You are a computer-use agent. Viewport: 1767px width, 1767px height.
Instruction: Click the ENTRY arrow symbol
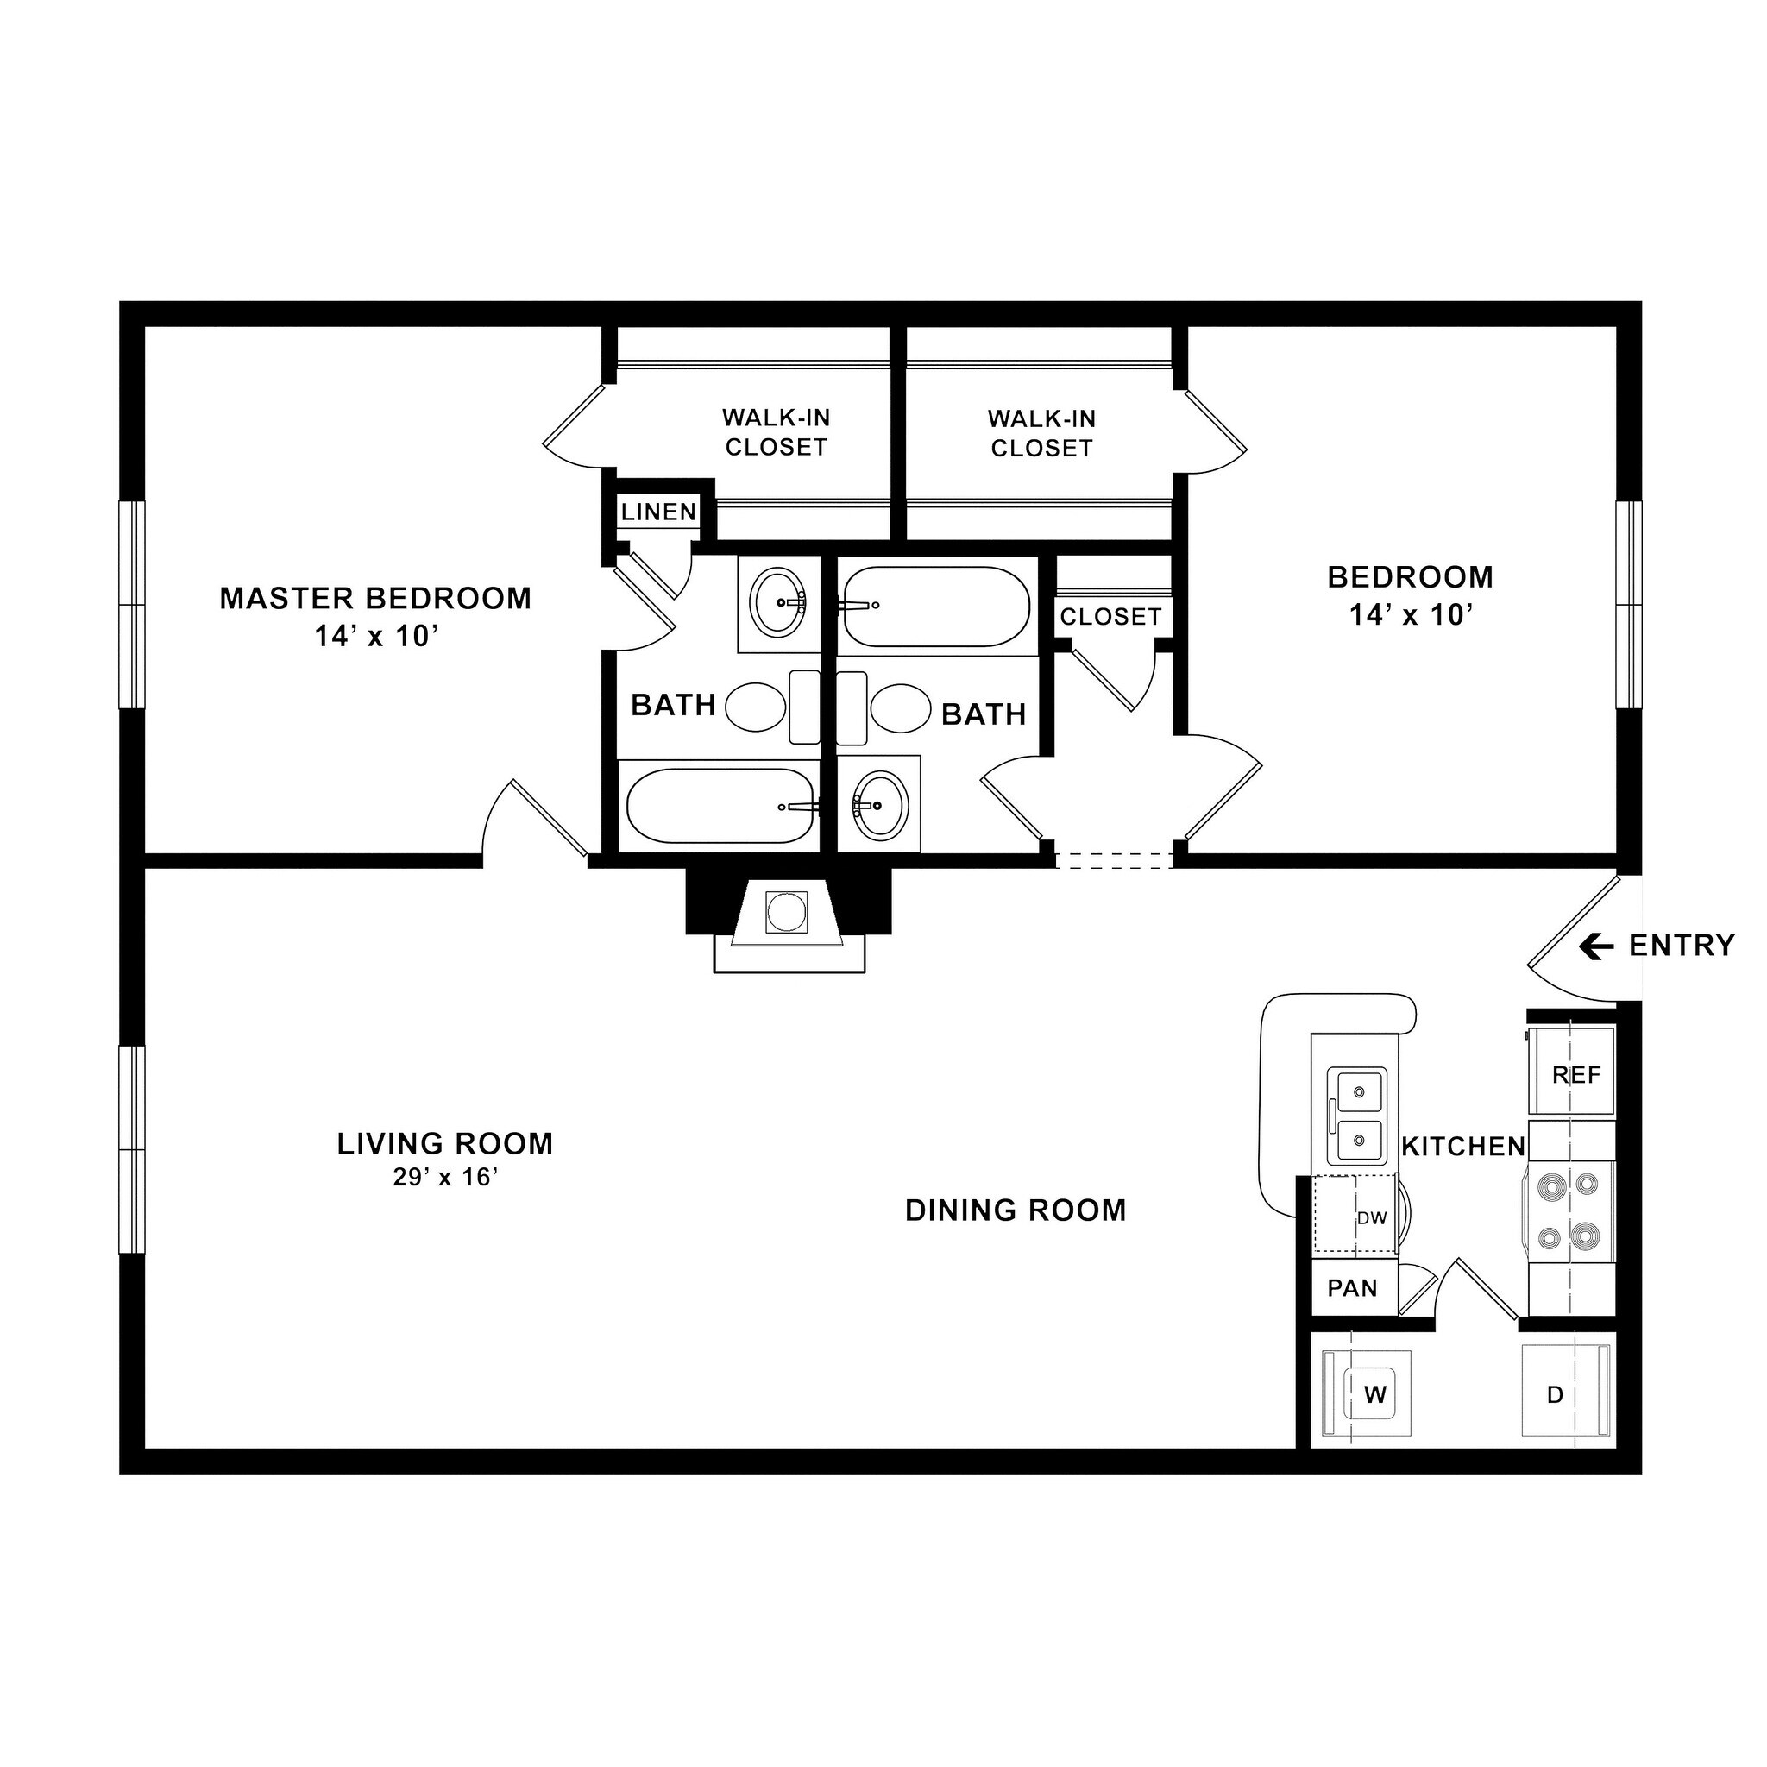[x=1596, y=946]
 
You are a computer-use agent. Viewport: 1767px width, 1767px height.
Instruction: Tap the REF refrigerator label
[x=1575, y=1076]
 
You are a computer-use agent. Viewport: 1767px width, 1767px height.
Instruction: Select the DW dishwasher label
[x=1372, y=1218]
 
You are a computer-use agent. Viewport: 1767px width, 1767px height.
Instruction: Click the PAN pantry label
[x=1352, y=1289]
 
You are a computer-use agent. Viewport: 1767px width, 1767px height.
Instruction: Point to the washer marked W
[x=1374, y=1395]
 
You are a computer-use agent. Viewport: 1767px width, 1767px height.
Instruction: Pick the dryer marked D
[x=1555, y=1395]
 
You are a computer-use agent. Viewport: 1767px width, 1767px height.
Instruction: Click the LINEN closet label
[x=658, y=512]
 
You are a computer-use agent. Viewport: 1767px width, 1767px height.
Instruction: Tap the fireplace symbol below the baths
[x=788, y=912]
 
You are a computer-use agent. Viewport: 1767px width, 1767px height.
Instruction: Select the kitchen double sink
[x=1357, y=1116]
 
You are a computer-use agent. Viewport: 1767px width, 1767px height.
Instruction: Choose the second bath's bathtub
[x=934, y=607]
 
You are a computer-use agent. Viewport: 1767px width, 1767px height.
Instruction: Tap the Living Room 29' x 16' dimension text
[x=445, y=1178]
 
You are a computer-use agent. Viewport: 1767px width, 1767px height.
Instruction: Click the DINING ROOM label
[x=1016, y=1210]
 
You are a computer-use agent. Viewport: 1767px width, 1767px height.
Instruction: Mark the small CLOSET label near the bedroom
[x=1110, y=618]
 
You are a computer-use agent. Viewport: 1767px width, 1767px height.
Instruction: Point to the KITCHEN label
[x=1463, y=1146]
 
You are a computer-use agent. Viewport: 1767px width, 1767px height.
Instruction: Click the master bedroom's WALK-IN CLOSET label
[x=776, y=432]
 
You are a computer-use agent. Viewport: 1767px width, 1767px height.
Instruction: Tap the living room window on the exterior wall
[x=133, y=1149]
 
